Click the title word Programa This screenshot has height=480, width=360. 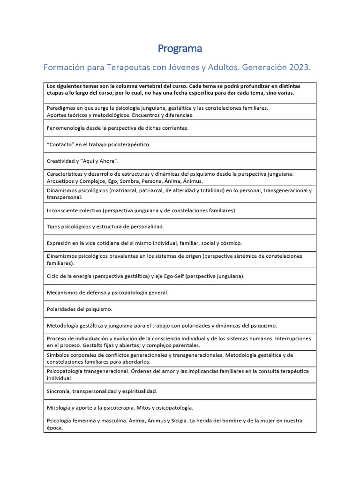click(180, 48)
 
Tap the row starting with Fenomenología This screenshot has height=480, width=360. click(118, 128)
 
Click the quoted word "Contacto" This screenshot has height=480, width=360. click(60, 144)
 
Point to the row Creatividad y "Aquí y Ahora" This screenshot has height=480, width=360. click(82, 161)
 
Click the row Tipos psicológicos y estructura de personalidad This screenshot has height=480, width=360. click(105, 227)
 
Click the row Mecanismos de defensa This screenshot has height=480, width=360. click(107, 292)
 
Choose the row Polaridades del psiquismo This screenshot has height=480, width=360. click(80, 309)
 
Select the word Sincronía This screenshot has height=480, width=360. click(59, 391)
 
